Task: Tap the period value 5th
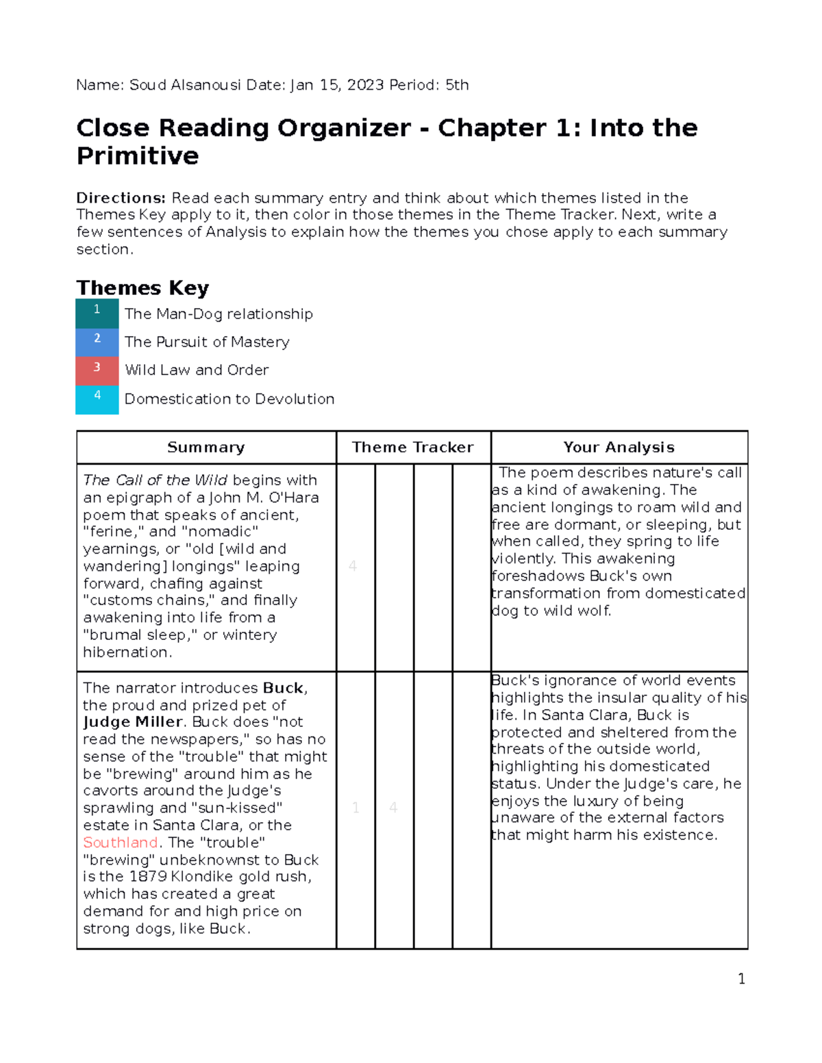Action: point(457,85)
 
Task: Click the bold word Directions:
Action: point(121,198)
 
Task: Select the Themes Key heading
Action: point(142,287)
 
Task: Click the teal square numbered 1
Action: point(97,312)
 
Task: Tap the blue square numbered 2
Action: point(97,342)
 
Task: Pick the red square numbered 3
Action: point(97,370)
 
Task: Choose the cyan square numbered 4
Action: point(97,399)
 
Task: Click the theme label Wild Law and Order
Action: point(197,370)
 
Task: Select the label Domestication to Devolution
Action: point(229,399)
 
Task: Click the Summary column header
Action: point(206,447)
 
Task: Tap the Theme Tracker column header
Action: point(412,447)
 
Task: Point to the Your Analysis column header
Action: point(619,447)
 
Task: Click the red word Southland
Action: point(121,843)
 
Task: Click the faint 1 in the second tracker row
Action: point(356,808)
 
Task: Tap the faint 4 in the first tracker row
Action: point(353,566)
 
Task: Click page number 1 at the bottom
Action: point(741,979)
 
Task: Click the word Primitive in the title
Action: point(138,156)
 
